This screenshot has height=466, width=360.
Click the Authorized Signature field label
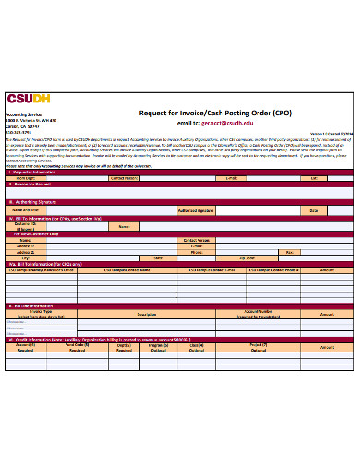pyautogui.click(x=196, y=210)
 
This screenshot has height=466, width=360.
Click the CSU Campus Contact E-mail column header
pyautogui.click(x=211, y=270)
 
